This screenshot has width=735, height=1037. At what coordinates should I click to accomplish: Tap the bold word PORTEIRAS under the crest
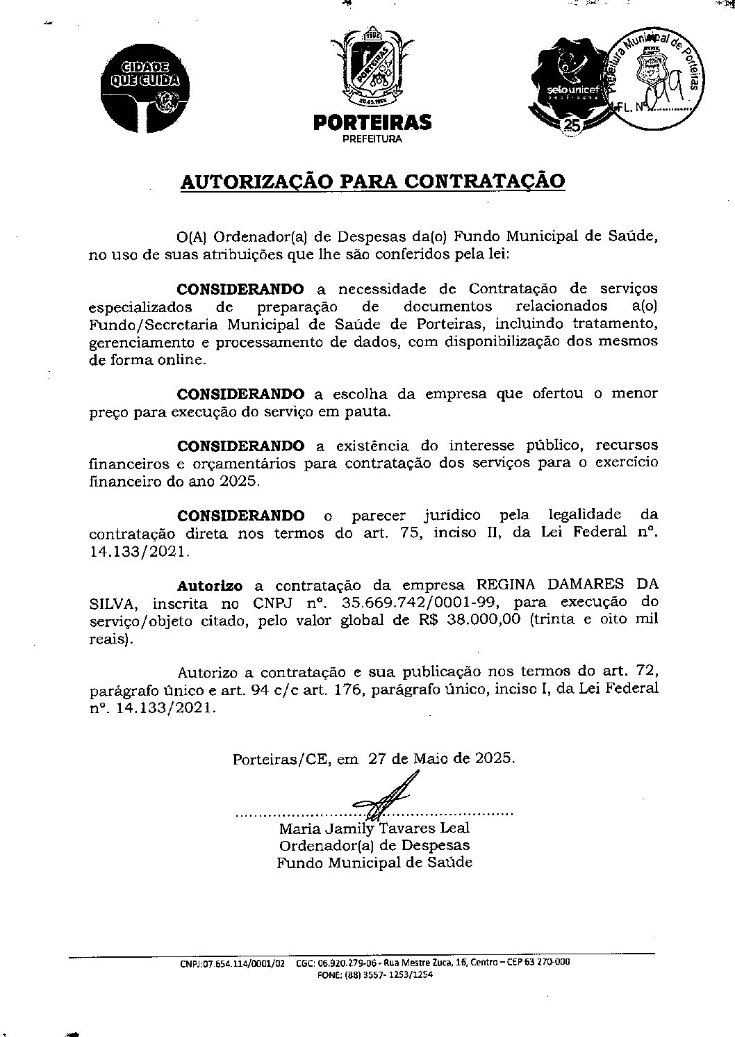(372, 123)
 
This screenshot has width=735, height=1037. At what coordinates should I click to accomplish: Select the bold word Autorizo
(209, 585)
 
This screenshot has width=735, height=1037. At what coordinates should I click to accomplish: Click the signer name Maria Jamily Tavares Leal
(374, 828)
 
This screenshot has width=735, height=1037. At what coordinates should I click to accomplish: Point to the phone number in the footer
(386, 974)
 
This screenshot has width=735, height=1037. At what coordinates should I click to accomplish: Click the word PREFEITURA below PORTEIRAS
(372, 138)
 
